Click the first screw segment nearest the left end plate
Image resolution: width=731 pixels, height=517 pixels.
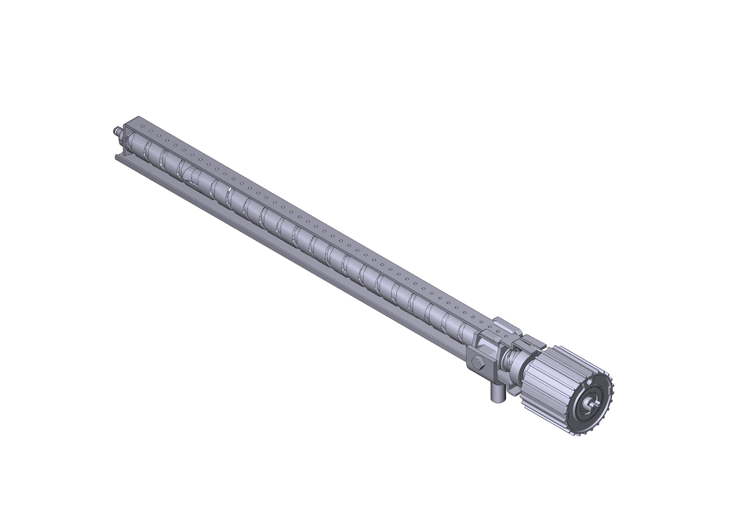tap(135, 143)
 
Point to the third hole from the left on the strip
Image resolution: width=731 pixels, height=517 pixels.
tap(158, 136)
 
